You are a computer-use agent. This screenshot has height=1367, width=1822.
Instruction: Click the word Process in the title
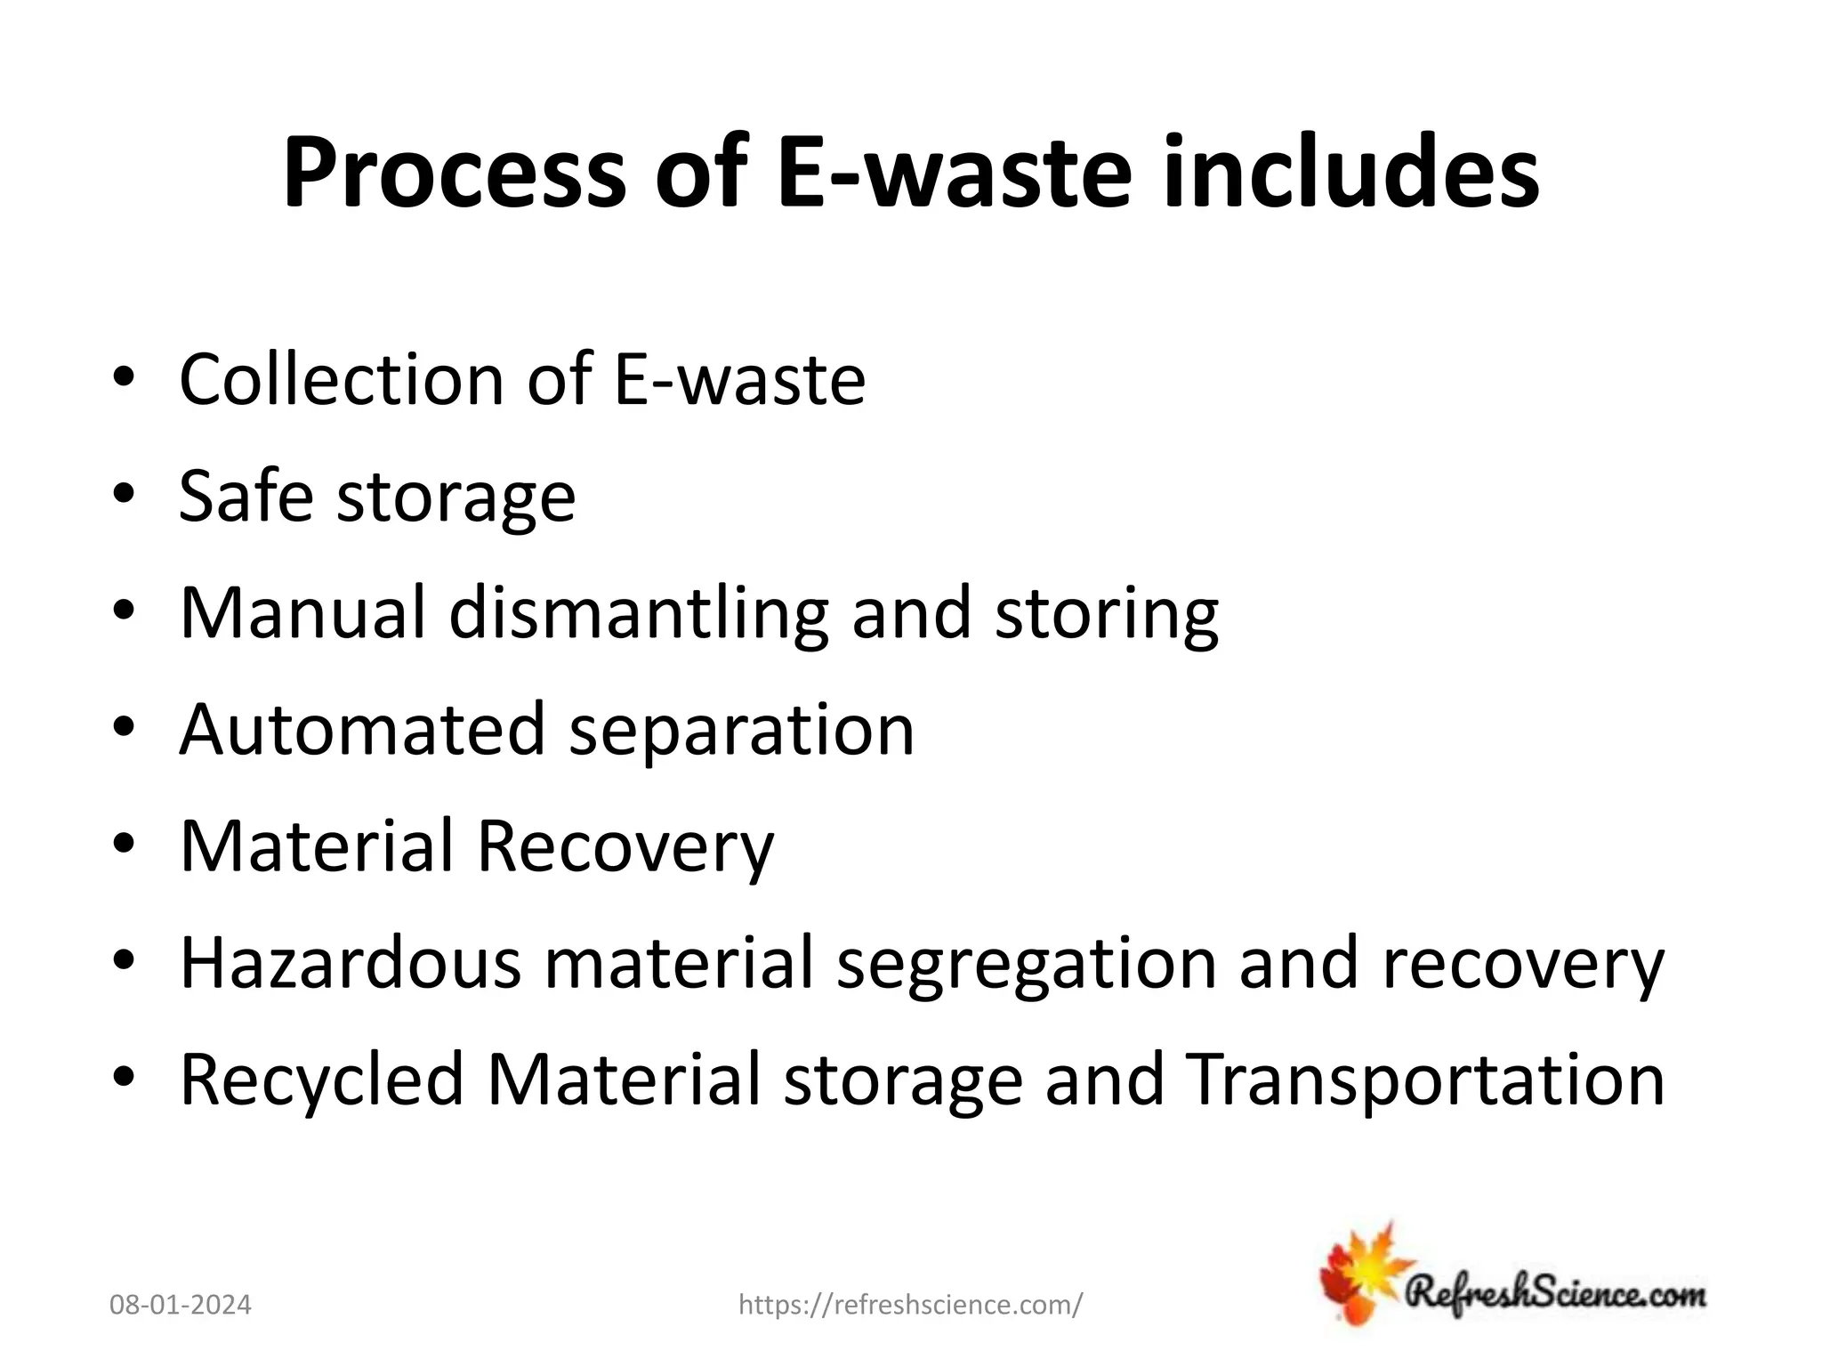pos(454,174)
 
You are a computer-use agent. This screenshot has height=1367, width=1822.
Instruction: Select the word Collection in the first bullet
pos(343,380)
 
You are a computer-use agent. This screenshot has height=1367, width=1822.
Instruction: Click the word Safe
pos(246,496)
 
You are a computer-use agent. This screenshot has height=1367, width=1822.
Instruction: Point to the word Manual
pos(302,613)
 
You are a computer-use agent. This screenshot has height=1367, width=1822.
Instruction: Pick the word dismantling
pos(639,615)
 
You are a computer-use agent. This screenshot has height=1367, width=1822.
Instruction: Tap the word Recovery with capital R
pos(625,846)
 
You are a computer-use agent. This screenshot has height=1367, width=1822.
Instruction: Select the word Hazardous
pos(350,963)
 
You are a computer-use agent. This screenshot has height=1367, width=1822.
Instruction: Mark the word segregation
pos(1026,965)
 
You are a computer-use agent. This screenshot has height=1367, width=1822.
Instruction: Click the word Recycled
pos(322,1080)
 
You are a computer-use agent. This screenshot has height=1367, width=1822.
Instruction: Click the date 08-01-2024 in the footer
pos(181,1306)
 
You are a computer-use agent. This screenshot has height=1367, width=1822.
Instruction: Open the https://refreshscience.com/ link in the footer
pos(911,1306)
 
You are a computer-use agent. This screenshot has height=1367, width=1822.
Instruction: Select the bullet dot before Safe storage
pos(124,495)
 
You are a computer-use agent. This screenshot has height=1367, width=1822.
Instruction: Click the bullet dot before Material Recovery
pos(124,845)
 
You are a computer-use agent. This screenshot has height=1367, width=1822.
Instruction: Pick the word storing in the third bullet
pos(1106,615)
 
